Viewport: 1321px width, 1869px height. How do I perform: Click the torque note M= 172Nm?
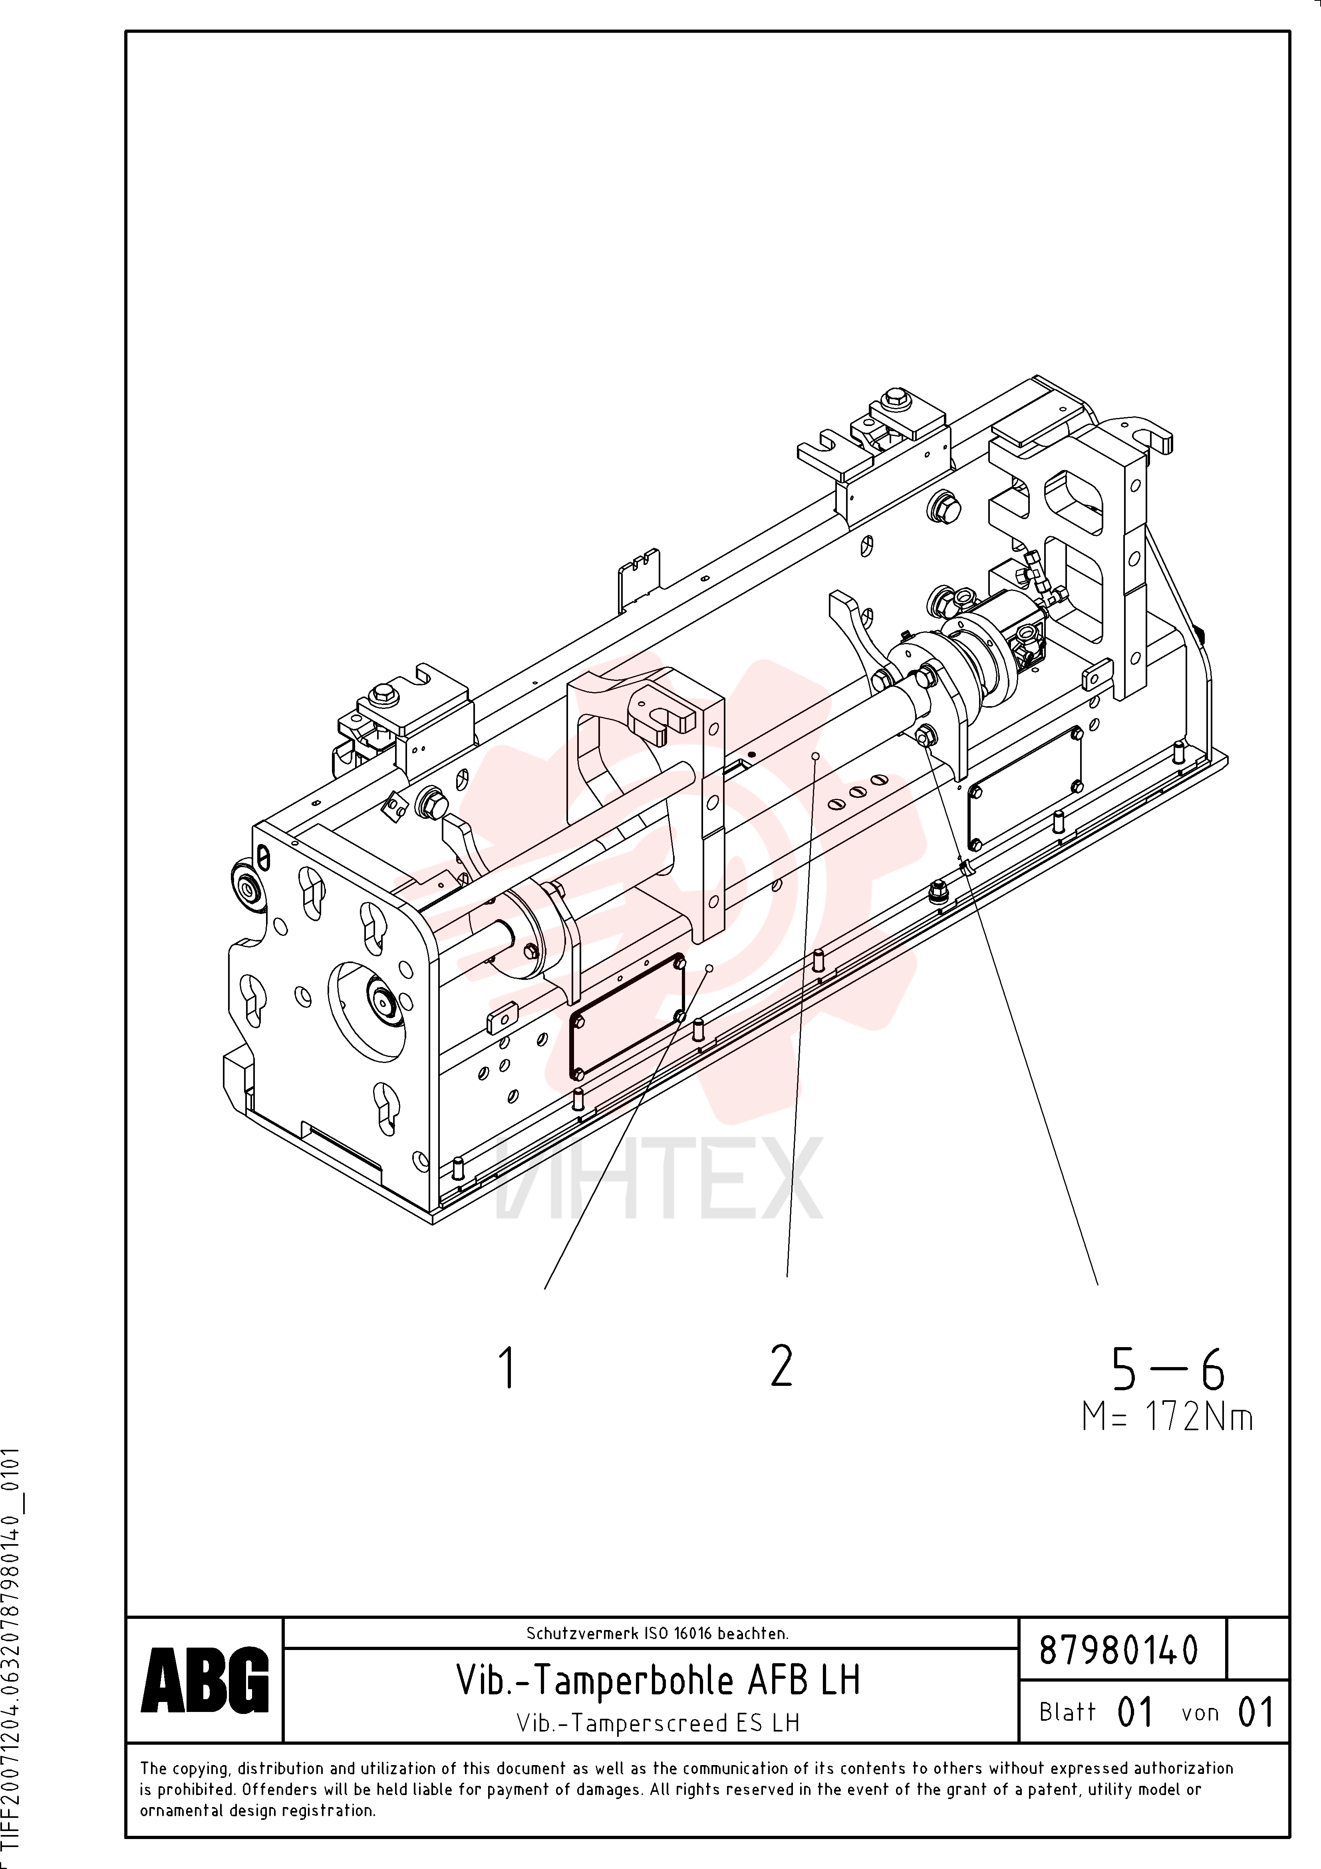tap(1167, 1417)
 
